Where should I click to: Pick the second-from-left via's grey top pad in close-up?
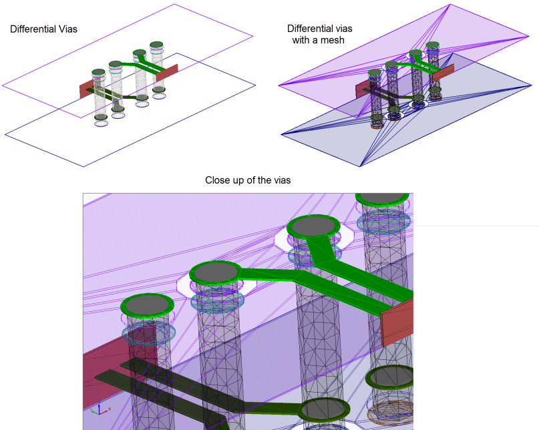[x=216, y=272]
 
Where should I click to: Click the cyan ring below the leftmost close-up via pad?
[x=148, y=333]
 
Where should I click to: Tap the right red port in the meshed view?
[x=443, y=72]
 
